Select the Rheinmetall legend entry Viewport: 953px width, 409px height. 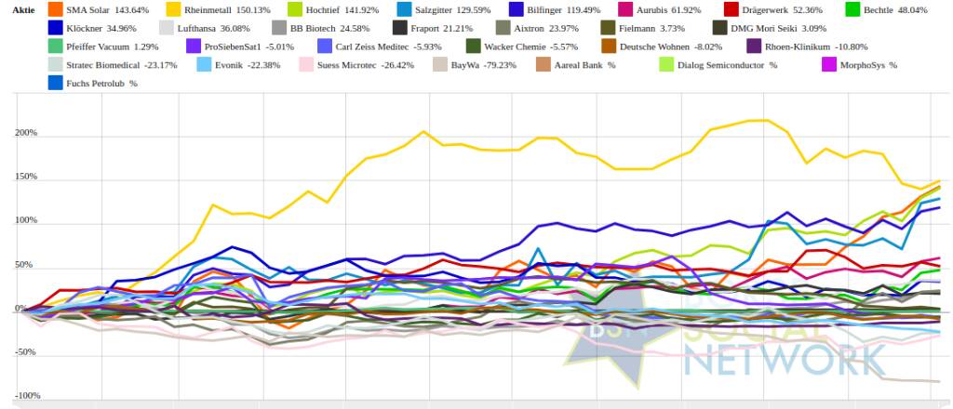pyautogui.click(x=221, y=9)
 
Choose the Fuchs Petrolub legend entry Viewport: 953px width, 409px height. pyautogui.click(x=103, y=84)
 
